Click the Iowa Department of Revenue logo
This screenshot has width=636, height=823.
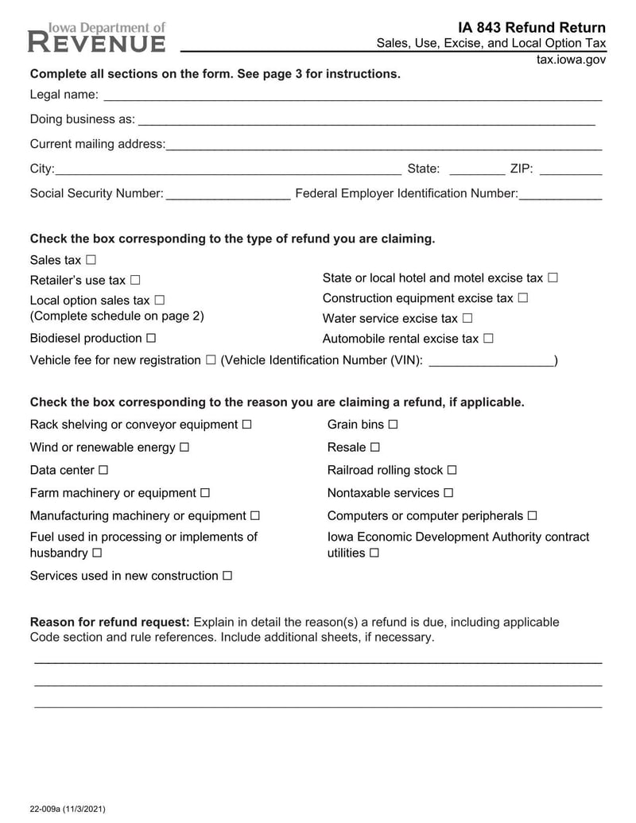pyautogui.click(x=97, y=37)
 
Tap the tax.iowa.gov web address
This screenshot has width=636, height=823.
pyautogui.click(x=571, y=60)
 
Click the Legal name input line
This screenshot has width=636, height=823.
pyautogui.click(x=352, y=96)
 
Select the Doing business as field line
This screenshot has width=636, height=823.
pyautogui.click(x=366, y=120)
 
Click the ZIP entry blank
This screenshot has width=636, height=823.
pyautogui.click(x=570, y=169)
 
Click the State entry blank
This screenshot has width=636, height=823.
pyautogui.click(x=476, y=169)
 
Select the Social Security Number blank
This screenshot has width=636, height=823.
pyautogui.click(x=228, y=194)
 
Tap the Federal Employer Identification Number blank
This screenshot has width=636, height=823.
pyautogui.click(x=560, y=194)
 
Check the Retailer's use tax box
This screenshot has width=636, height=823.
pyautogui.click(x=135, y=280)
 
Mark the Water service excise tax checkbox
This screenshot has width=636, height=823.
pyautogui.click(x=467, y=318)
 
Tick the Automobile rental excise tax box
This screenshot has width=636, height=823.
pyautogui.click(x=488, y=339)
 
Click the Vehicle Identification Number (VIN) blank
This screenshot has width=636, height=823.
pyautogui.click(x=491, y=361)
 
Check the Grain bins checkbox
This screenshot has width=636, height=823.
pyautogui.click(x=393, y=425)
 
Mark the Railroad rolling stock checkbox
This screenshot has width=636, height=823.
pyautogui.click(x=452, y=470)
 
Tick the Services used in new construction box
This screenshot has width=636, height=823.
pyautogui.click(x=227, y=576)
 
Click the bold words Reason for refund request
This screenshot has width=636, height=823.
pyautogui.click(x=110, y=622)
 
